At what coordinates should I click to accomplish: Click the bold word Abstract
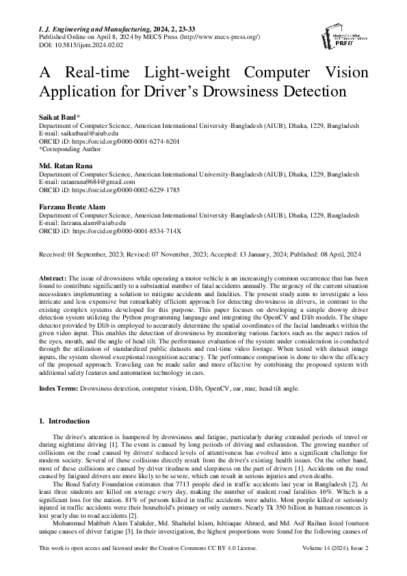pyautogui.click(x=52, y=278)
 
